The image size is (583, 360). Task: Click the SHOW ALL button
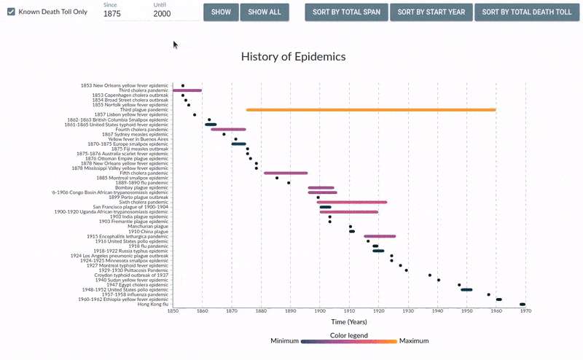click(264, 12)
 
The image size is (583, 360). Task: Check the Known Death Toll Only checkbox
click(11, 12)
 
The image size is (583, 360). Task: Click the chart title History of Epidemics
click(293, 56)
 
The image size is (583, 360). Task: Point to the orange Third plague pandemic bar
click(371, 110)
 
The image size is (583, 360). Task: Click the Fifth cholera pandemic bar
click(286, 173)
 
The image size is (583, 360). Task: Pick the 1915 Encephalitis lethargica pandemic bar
click(380, 236)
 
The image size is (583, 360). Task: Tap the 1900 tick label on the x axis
click(320, 311)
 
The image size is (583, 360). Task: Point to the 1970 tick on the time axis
click(525, 311)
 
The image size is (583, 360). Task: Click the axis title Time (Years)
click(348, 321)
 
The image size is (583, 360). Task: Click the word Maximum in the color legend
click(413, 341)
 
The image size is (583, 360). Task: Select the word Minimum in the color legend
click(285, 341)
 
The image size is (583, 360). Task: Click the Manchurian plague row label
click(149, 227)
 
